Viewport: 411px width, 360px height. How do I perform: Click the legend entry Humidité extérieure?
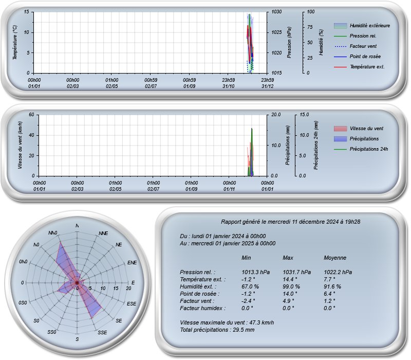(x=362, y=26)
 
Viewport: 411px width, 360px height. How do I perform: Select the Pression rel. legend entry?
(x=355, y=36)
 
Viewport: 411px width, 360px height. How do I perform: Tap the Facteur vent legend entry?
(x=355, y=46)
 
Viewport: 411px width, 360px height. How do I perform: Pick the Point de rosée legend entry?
(x=357, y=57)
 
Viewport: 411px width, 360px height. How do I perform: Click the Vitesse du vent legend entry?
(x=359, y=129)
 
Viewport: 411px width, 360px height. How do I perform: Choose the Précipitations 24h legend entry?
(x=361, y=149)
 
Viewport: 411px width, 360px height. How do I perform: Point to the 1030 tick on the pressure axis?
(x=276, y=12)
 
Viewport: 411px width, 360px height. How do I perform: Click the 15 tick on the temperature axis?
(x=27, y=12)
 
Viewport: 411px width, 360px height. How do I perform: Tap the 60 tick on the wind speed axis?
(x=31, y=115)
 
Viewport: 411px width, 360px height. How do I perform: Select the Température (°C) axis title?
(x=15, y=43)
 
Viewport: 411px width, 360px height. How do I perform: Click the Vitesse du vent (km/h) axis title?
(x=20, y=145)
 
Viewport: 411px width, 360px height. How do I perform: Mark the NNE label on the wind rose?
(x=103, y=233)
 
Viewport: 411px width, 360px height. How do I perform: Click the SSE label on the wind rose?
(x=102, y=332)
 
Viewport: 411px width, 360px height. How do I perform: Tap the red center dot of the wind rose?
(x=77, y=282)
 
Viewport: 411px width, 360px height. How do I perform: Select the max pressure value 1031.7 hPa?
(x=297, y=273)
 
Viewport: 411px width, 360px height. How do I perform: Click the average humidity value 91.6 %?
(x=332, y=287)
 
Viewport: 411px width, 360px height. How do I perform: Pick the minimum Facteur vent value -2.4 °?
(x=248, y=301)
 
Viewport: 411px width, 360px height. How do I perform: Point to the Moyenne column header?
(x=335, y=258)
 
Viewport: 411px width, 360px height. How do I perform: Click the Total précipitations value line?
(x=217, y=330)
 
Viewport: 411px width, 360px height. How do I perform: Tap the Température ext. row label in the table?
(x=202, y=279)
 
